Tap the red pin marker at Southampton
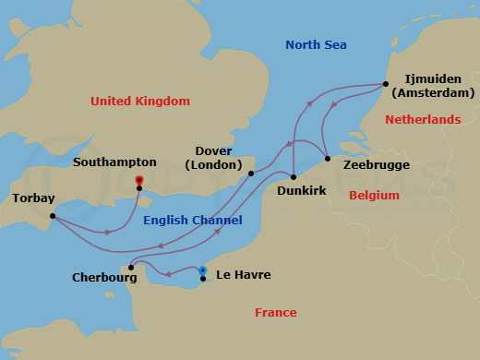coord(138,181)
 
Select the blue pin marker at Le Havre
coord(202,271)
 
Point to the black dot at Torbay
coord(52,217)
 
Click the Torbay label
coord(33,198)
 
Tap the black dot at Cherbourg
coord(132,268)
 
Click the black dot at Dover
coord(251,173)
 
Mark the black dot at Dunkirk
coord(293,176)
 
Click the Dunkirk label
coord(303,191)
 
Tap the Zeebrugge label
coord(376,165)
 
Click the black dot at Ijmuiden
coord(385,85)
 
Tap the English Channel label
coord(193,220)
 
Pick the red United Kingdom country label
coord(140,101)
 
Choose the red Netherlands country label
coord(422,120)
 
